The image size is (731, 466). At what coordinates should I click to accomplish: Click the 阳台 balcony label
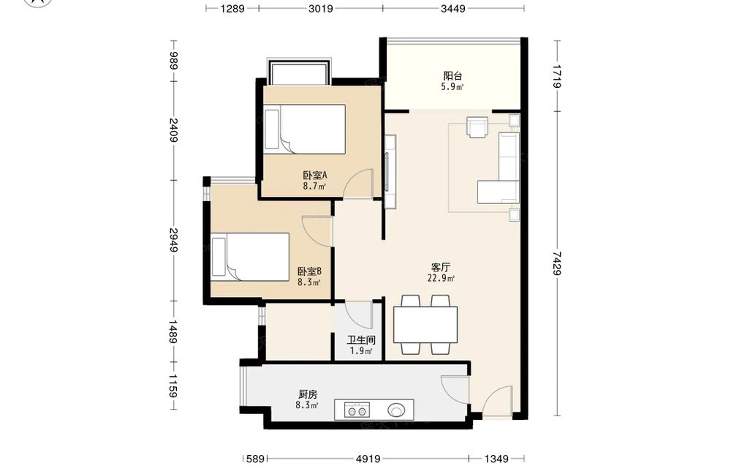[x=452, y=75]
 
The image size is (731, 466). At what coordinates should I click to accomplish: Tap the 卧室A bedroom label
[x=314, y=176]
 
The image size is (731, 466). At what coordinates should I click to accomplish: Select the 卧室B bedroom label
[x=309, y=271]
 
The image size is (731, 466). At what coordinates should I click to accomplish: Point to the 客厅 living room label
[x=441, y=268]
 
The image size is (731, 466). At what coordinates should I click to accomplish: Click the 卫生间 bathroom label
[x=361, y=340]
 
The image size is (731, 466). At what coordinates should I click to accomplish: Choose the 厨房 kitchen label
[x=308, y=394]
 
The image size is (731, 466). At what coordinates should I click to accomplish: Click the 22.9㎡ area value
[x=441, y=279]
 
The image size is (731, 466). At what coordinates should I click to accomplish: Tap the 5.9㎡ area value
[x=452, y=87]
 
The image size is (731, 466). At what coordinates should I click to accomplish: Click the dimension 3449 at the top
[x=453, y=8]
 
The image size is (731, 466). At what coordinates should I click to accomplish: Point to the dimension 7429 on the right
[x=556, y=263]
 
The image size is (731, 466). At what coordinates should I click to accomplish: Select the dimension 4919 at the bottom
[x=368, y=459]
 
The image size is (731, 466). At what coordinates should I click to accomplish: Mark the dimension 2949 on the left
[x=173, y=240]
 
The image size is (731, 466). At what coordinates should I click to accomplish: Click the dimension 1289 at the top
[x=232, y=8]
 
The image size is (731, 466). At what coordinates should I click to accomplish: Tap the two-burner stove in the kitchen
[x=357, y=410]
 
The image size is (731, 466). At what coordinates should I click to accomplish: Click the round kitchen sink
[x=396, y=410]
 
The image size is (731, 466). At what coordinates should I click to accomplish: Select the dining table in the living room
[x=425, y=325]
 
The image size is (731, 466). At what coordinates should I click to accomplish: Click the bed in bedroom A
[x=304, y=129]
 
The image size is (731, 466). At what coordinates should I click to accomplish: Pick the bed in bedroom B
[x=250, y=257]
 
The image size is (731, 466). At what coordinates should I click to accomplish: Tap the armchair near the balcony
[x=477, y=127]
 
